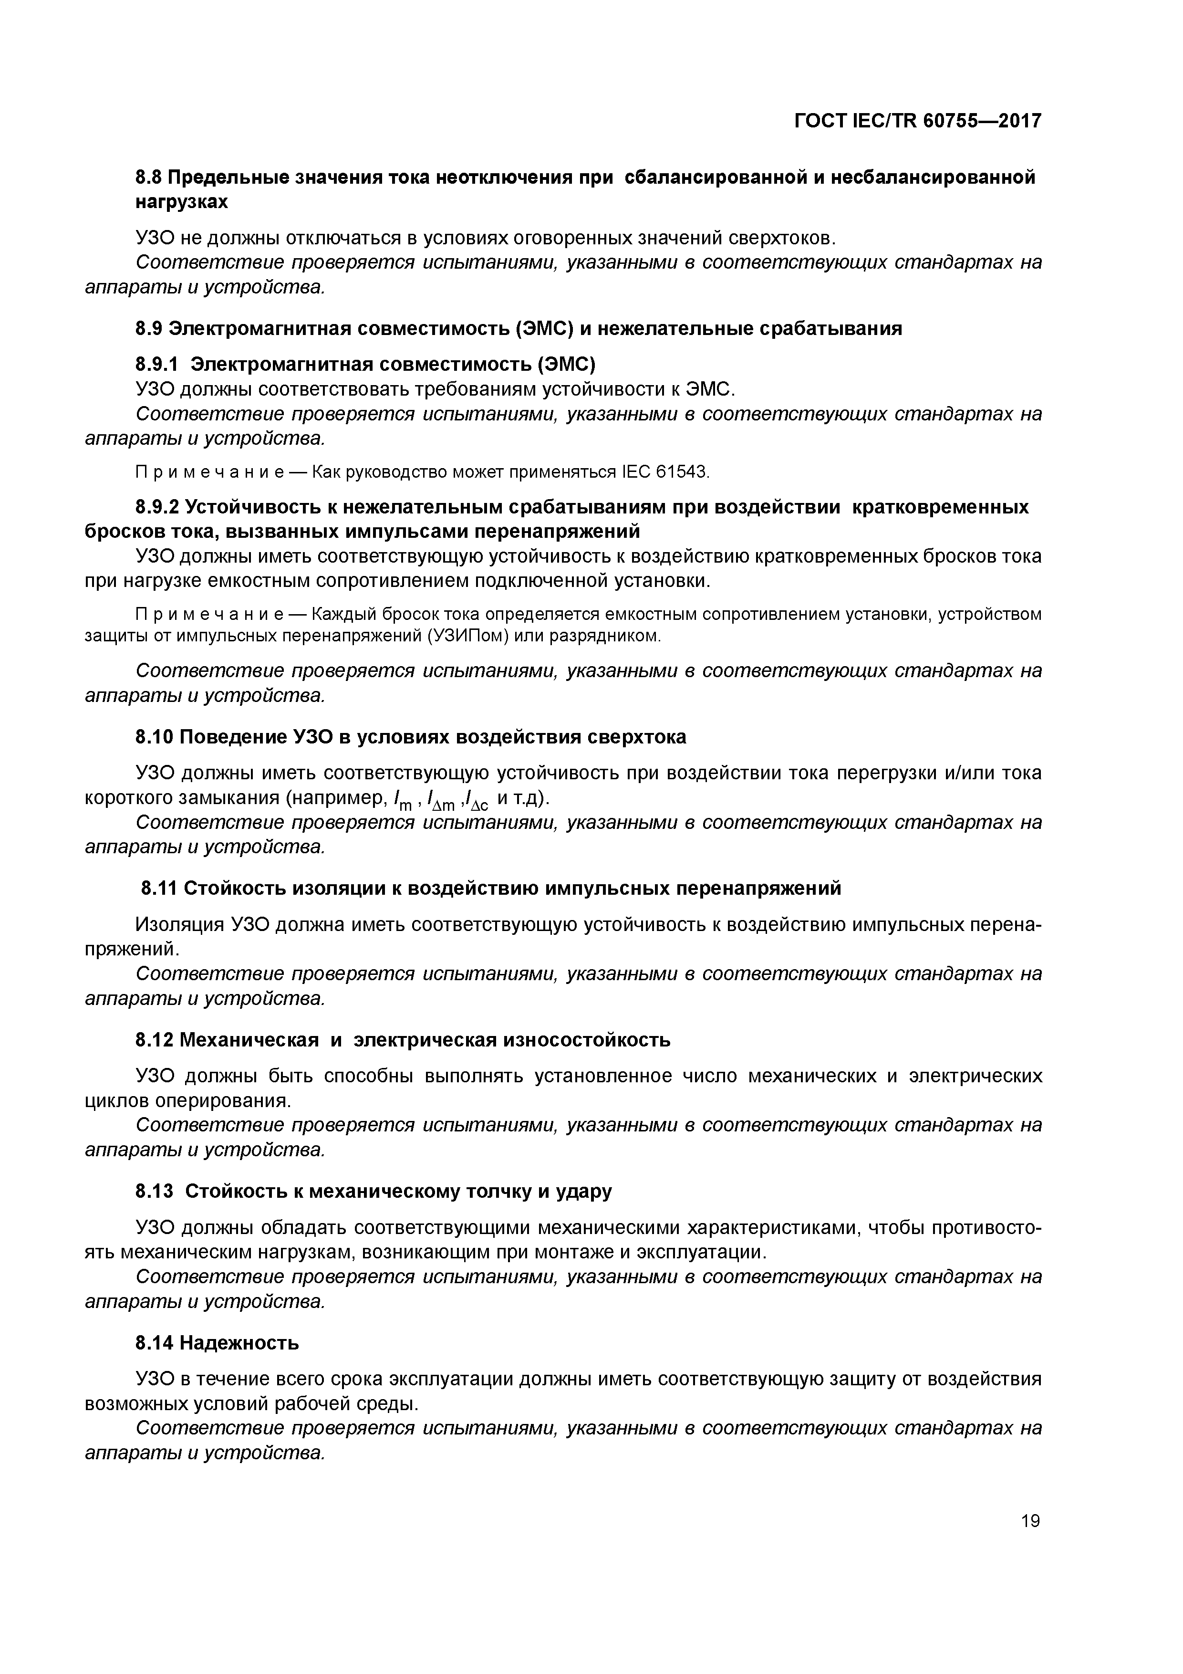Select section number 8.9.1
(157, 363)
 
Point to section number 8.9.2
(157, 507)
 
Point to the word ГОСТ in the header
(820, 121)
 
